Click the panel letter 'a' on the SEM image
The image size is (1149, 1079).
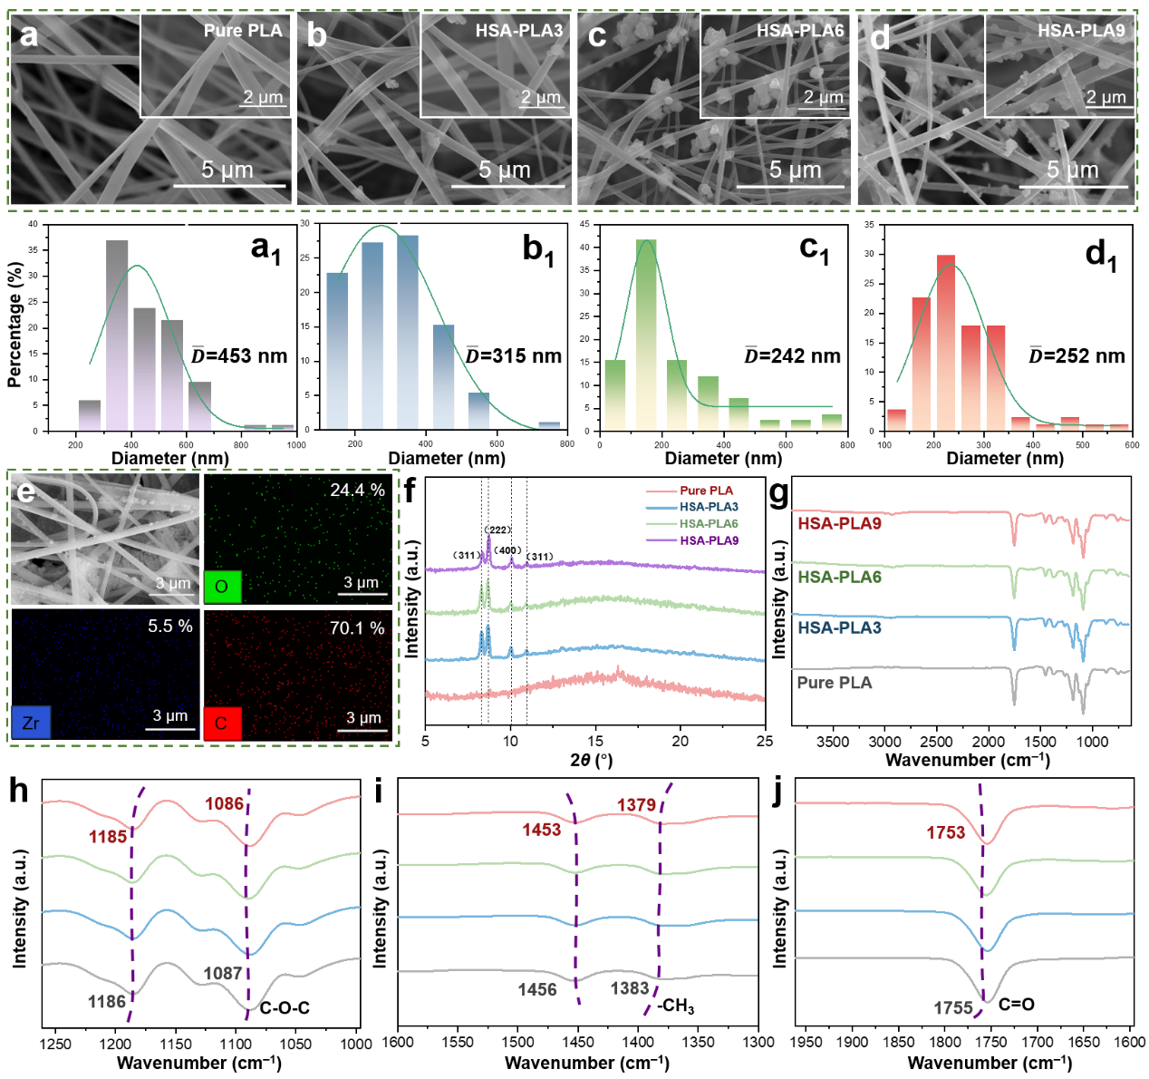(29, 35)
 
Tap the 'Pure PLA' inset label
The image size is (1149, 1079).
(243, 31)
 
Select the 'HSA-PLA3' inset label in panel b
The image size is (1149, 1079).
(518, 31)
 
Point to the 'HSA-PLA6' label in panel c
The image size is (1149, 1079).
(800, 31)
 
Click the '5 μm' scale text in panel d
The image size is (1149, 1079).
(1072, 170)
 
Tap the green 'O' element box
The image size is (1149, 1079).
(222, 587)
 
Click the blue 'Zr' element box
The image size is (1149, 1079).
(31, 723)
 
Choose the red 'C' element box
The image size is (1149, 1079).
(222, 724)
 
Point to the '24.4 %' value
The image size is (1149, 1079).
(357, 491)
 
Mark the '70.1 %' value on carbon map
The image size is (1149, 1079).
(357, 628)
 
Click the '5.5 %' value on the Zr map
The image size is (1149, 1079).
(170, 627)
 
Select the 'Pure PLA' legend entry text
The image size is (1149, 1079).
(707, 491)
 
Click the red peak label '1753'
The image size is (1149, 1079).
(945, 832)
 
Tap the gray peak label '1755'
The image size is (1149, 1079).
(952, 1008)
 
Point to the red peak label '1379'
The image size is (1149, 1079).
(636, 805)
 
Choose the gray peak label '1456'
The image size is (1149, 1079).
(537, 990)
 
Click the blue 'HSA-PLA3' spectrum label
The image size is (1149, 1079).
(839, 627)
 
